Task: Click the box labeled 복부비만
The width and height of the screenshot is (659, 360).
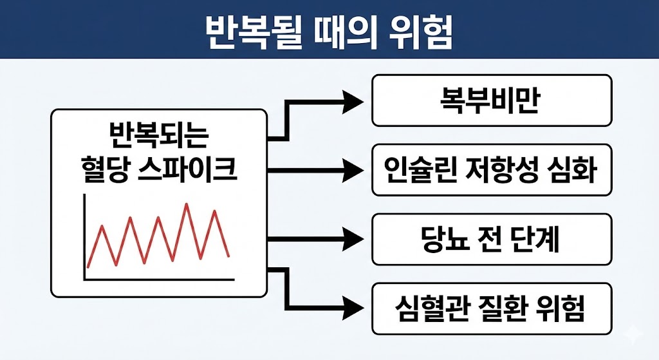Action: coord(492,100)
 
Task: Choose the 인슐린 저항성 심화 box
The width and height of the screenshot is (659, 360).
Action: coord(492,170)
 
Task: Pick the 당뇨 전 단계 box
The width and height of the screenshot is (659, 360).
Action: coord(492,240)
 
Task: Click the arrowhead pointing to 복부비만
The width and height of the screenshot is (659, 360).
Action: coord(353,100)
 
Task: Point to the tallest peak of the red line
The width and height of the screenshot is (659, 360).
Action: coord(187,205)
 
